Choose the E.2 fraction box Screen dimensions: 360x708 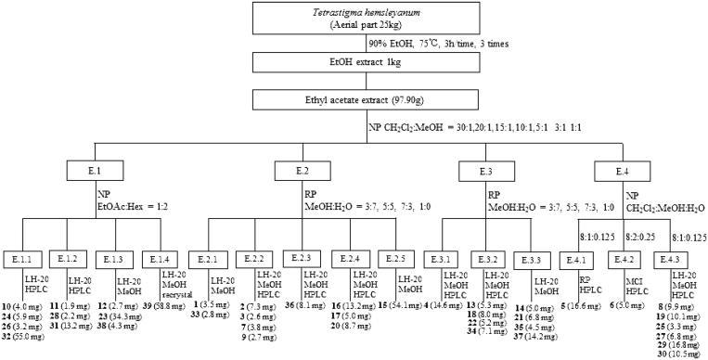303,172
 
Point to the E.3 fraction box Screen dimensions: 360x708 485,172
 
